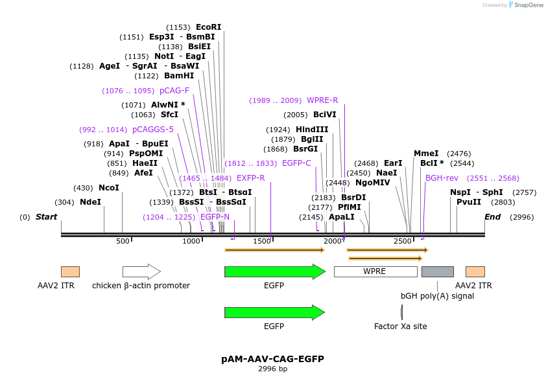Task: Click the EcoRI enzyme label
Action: [208, 27]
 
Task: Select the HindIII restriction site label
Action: [312, 130]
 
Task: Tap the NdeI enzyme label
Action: [90, 202]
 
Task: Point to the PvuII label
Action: [469, 202]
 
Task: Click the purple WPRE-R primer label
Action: [322, 100]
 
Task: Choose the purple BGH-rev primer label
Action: [442, 178]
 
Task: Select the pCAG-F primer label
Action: [174, 91]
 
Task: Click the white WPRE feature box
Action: [375, 271]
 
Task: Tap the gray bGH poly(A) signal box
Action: [437, 271]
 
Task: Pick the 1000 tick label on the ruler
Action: [192, 242]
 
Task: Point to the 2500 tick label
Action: [403, 242]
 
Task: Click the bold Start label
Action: [46, 217]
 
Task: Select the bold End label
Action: [493, 217]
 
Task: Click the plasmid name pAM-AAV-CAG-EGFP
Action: [272, 358]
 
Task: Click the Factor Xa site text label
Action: [401, 327]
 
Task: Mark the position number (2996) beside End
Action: [522, 217]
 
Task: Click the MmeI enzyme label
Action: [426, 154]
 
